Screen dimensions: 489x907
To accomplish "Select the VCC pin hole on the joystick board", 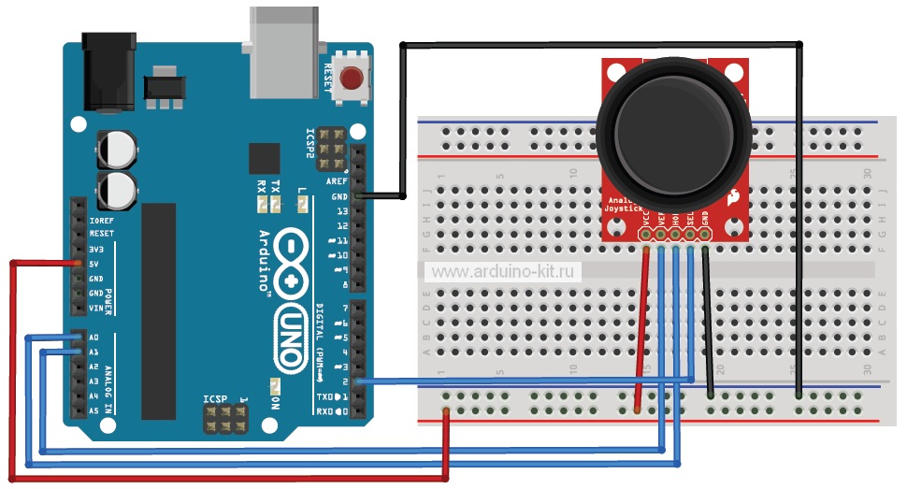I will point(645,237).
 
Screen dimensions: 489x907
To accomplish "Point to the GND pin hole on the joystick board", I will point(705,237).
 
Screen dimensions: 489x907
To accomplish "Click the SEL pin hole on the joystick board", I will point(690,237).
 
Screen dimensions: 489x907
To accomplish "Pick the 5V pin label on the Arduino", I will point(95,264).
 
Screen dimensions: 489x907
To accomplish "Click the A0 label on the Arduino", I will point(94,337).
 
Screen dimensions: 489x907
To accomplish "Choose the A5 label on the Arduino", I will point(94,410).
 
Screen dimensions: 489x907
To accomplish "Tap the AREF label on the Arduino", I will point(338,181).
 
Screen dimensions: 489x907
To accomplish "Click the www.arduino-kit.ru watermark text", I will point(506,272).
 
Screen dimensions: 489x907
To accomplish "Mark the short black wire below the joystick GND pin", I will point(709,318).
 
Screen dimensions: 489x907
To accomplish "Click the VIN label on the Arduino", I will point(95,308).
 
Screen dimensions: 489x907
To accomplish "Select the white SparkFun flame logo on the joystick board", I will point(731,197).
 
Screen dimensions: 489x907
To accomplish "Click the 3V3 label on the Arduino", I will point(95,249).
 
